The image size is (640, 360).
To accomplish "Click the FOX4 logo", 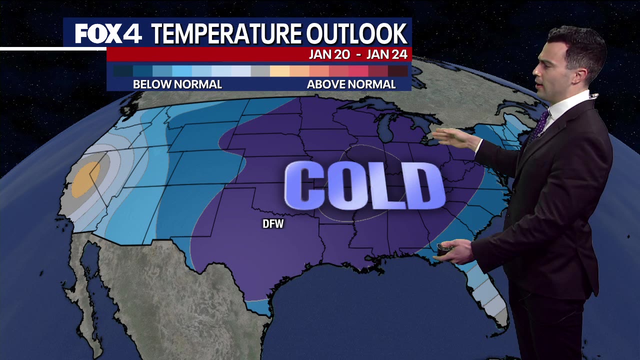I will (x=108, y=33).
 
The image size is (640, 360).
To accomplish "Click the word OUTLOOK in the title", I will (x=356, y=34).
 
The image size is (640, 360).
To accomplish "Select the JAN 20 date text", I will (x=329, y=54).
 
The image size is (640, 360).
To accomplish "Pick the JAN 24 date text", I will (x=387, y=54).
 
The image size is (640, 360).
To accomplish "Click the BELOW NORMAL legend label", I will (x=177, y=84).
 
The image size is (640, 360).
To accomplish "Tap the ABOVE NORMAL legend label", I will (x=351, y=84).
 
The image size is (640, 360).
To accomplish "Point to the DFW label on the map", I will (x=273, y=224).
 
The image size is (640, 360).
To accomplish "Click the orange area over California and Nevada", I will (x=85, y=179).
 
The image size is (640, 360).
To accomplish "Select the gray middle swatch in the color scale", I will (x=260, y=71).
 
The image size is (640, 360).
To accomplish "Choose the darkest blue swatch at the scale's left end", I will (x=122, y=71).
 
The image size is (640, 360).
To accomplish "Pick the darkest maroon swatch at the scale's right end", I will (x=398, y=71).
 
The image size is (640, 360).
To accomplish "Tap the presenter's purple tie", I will (x=539, y=125).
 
